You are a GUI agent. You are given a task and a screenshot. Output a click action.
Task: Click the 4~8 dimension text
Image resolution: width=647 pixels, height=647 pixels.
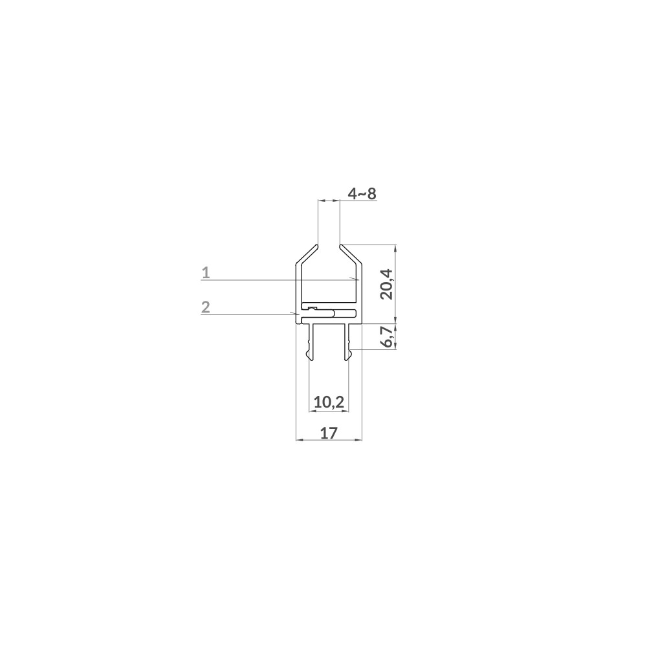click(362, 193)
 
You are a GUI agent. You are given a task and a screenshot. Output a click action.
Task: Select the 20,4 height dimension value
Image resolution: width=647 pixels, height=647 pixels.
click(388, 283)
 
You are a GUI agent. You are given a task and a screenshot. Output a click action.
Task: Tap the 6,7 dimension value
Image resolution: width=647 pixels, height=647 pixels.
click(388, 338)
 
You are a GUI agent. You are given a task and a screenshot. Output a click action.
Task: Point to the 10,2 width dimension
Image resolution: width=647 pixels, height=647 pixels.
click(329, 402)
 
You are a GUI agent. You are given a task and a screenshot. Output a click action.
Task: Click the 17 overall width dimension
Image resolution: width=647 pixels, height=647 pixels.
click(329, 433)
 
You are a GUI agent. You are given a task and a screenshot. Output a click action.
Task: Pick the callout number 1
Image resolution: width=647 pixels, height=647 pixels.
click(206, 273)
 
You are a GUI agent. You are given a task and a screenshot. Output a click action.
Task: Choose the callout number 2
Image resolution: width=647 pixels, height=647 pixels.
click(206, 307)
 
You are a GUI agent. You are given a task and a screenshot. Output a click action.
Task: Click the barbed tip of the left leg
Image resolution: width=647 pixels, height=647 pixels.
click(307, 354)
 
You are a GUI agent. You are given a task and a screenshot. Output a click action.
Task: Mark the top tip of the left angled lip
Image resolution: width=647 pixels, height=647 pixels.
click(317, 246)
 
